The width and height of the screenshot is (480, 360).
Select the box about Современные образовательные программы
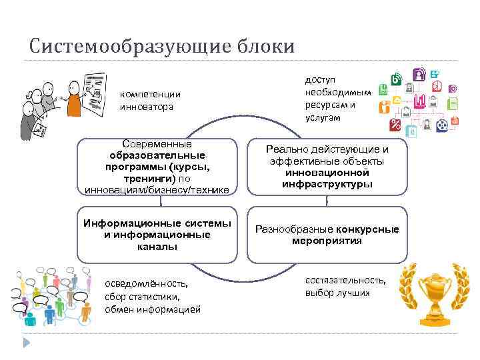[x=157, y=167]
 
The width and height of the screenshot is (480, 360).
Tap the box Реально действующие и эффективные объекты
[x=327, y=167]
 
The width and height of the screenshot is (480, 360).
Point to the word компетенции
[x=150, y=95]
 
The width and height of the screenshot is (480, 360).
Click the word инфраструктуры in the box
[x=327, y=184]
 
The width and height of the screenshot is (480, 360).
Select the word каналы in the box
[x=158, y=247]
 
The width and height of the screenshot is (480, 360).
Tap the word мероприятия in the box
[x=327, y=241]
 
